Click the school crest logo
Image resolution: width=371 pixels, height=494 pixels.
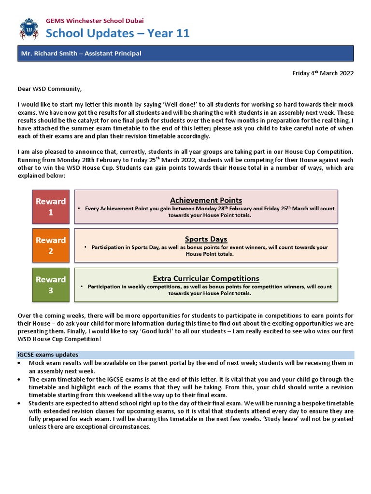tap(29, 28)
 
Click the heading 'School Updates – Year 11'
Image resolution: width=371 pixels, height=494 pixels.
tap(117, 33)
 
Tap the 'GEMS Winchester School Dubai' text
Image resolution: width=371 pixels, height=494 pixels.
tap(94, 21)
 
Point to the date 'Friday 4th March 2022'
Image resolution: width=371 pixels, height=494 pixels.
tap(323, 73)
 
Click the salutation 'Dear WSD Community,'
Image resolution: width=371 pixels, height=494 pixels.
tap(50, 89)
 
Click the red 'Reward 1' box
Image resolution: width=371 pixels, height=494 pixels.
tap(50, 206)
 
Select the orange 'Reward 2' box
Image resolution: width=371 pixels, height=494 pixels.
tap(50, 246)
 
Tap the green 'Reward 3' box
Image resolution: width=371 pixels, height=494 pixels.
tap(50, 285)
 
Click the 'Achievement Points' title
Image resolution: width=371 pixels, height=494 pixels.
tap(206, 200)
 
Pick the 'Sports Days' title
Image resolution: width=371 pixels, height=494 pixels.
tap(206, 239)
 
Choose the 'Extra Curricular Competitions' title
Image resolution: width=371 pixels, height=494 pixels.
tap(206, 278)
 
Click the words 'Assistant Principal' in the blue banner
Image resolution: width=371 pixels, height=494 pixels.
tap(113, 54)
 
